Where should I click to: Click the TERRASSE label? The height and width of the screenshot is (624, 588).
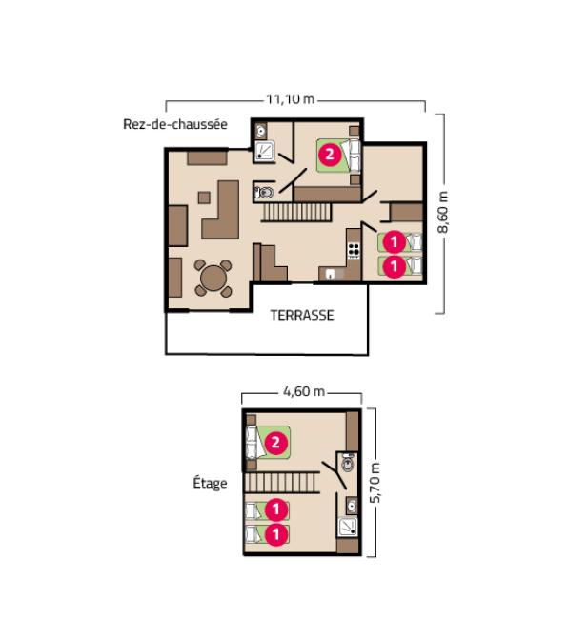coord(302,316)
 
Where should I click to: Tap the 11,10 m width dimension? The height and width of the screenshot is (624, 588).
coord(291,98)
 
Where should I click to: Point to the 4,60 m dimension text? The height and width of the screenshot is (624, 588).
coord(304,391)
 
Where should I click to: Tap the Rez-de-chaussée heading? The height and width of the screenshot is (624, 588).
coord(174,124)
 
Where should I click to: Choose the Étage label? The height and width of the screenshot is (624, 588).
coord(210,483)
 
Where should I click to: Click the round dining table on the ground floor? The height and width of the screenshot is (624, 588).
coord(213,279)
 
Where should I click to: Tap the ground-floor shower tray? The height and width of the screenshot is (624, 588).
coord(266,150)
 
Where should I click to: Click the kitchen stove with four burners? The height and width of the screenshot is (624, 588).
coord(354,251)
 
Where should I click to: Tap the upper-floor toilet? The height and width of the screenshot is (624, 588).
coord(349,465)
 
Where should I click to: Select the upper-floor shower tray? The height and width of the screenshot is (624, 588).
coord(347,527)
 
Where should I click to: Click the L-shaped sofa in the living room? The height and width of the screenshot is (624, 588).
coord(227,210)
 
